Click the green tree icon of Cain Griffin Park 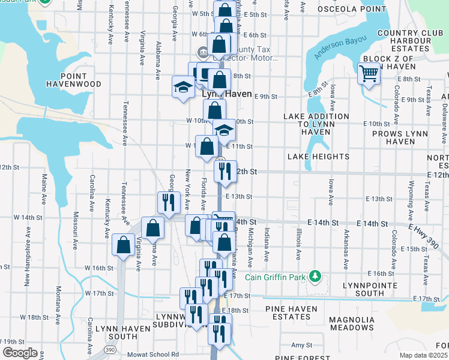(314, 277)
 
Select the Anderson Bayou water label (335, 54)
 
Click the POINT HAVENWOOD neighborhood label (73, 80)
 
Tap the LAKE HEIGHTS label (318, 157)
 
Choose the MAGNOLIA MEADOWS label (352, 323)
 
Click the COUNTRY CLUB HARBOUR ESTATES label (403, 41)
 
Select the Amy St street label (298, 345)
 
